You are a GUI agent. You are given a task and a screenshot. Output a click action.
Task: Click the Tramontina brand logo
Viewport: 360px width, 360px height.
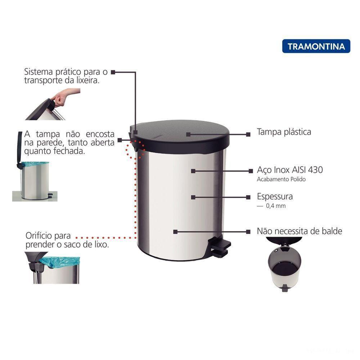(x=316, y=46)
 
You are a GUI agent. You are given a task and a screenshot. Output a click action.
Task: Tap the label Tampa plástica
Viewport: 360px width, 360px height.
(x=284, y=132)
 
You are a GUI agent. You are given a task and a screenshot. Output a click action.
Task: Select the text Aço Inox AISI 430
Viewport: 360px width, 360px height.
(x=290, y=170)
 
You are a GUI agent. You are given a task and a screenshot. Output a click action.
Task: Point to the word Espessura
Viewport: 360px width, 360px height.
(x=275, y=197)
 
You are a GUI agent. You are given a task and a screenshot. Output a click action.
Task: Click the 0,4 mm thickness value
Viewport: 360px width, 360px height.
(x=275, y=206)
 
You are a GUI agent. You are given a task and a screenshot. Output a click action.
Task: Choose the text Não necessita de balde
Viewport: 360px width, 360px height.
(x=299, y=231)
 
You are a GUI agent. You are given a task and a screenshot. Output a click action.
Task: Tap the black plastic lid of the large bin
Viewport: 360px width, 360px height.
(x=180, y=135)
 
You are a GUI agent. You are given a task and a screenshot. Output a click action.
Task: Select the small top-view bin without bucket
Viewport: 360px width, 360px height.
(x=285, y=266)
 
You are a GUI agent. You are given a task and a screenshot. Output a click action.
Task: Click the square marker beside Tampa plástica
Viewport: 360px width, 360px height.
(x=248, y=134)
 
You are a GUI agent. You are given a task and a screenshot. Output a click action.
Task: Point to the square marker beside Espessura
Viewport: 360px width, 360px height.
(x=248, y=197)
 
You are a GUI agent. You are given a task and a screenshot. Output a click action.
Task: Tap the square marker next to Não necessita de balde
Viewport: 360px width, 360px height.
(x=248, y=232)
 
